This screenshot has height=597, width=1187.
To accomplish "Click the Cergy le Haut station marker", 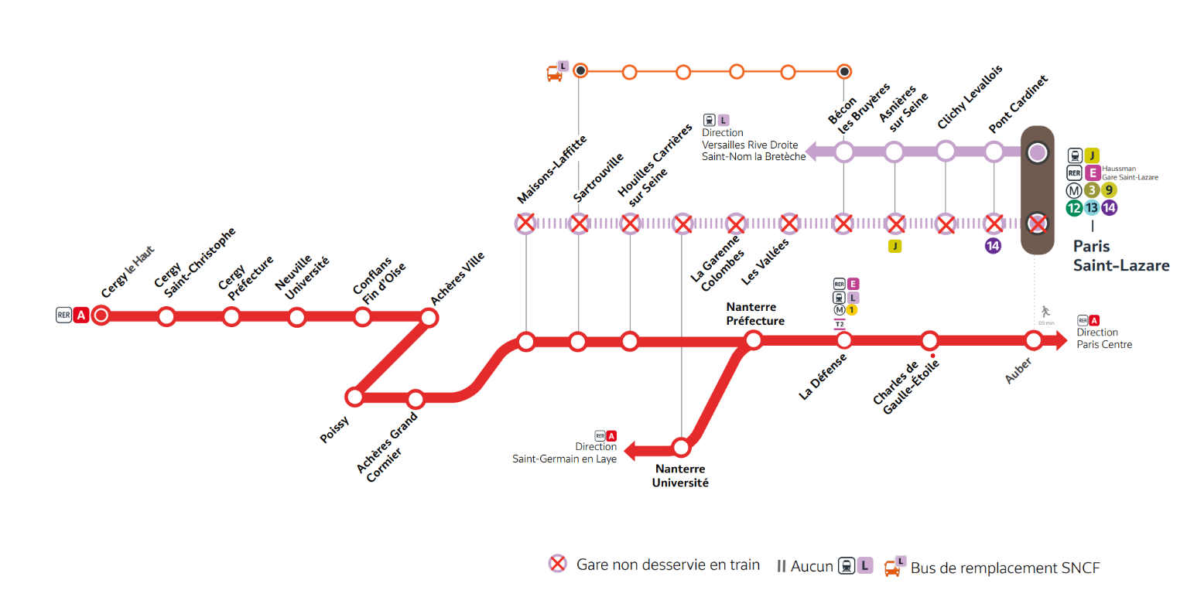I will pyautogui.click(x=101, y=316).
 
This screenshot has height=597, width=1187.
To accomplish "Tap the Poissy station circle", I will pyautogui.click(x=354, y=397).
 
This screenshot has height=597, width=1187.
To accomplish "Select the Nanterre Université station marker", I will pyautogui.click(x=681, y=447).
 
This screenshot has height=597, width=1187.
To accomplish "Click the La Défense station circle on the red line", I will pyautogui.click(x=844, y=340).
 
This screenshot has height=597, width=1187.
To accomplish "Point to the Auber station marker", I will pyautogui.click(x=1033, y=340).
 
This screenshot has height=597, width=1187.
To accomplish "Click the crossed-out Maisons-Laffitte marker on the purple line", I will pyautogui.click(x=525, y=224).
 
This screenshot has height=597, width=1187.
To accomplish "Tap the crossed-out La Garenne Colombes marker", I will pyautogui.click(x=735, y=224).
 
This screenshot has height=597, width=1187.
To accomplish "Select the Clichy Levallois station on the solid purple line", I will pyautogui.click(x=946, y=152).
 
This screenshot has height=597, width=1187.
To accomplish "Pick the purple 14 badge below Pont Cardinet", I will pyautogui.click(x=993, y=247).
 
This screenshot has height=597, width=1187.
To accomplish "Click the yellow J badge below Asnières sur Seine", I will pyautogui.click(x=895, y=247).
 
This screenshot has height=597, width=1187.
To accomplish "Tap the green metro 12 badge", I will pyautogui.click(x=1073, y=207).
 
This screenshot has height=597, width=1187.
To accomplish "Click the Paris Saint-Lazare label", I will pyautogui.click(x=1120, y=256).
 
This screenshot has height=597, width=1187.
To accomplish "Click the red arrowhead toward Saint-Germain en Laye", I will pyautogui.click(x=631, y=449).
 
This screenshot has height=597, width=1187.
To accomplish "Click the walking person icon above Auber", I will pyautogui.click(x=1045, y=311).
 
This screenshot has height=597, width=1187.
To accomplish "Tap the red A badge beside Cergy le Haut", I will pyautogui.click(x=80, y=315).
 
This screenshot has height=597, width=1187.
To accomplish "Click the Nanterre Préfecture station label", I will pyautogui.click(x=754, y=314).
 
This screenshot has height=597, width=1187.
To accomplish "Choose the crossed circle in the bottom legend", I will pyautogui.click(x=556, y=565).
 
